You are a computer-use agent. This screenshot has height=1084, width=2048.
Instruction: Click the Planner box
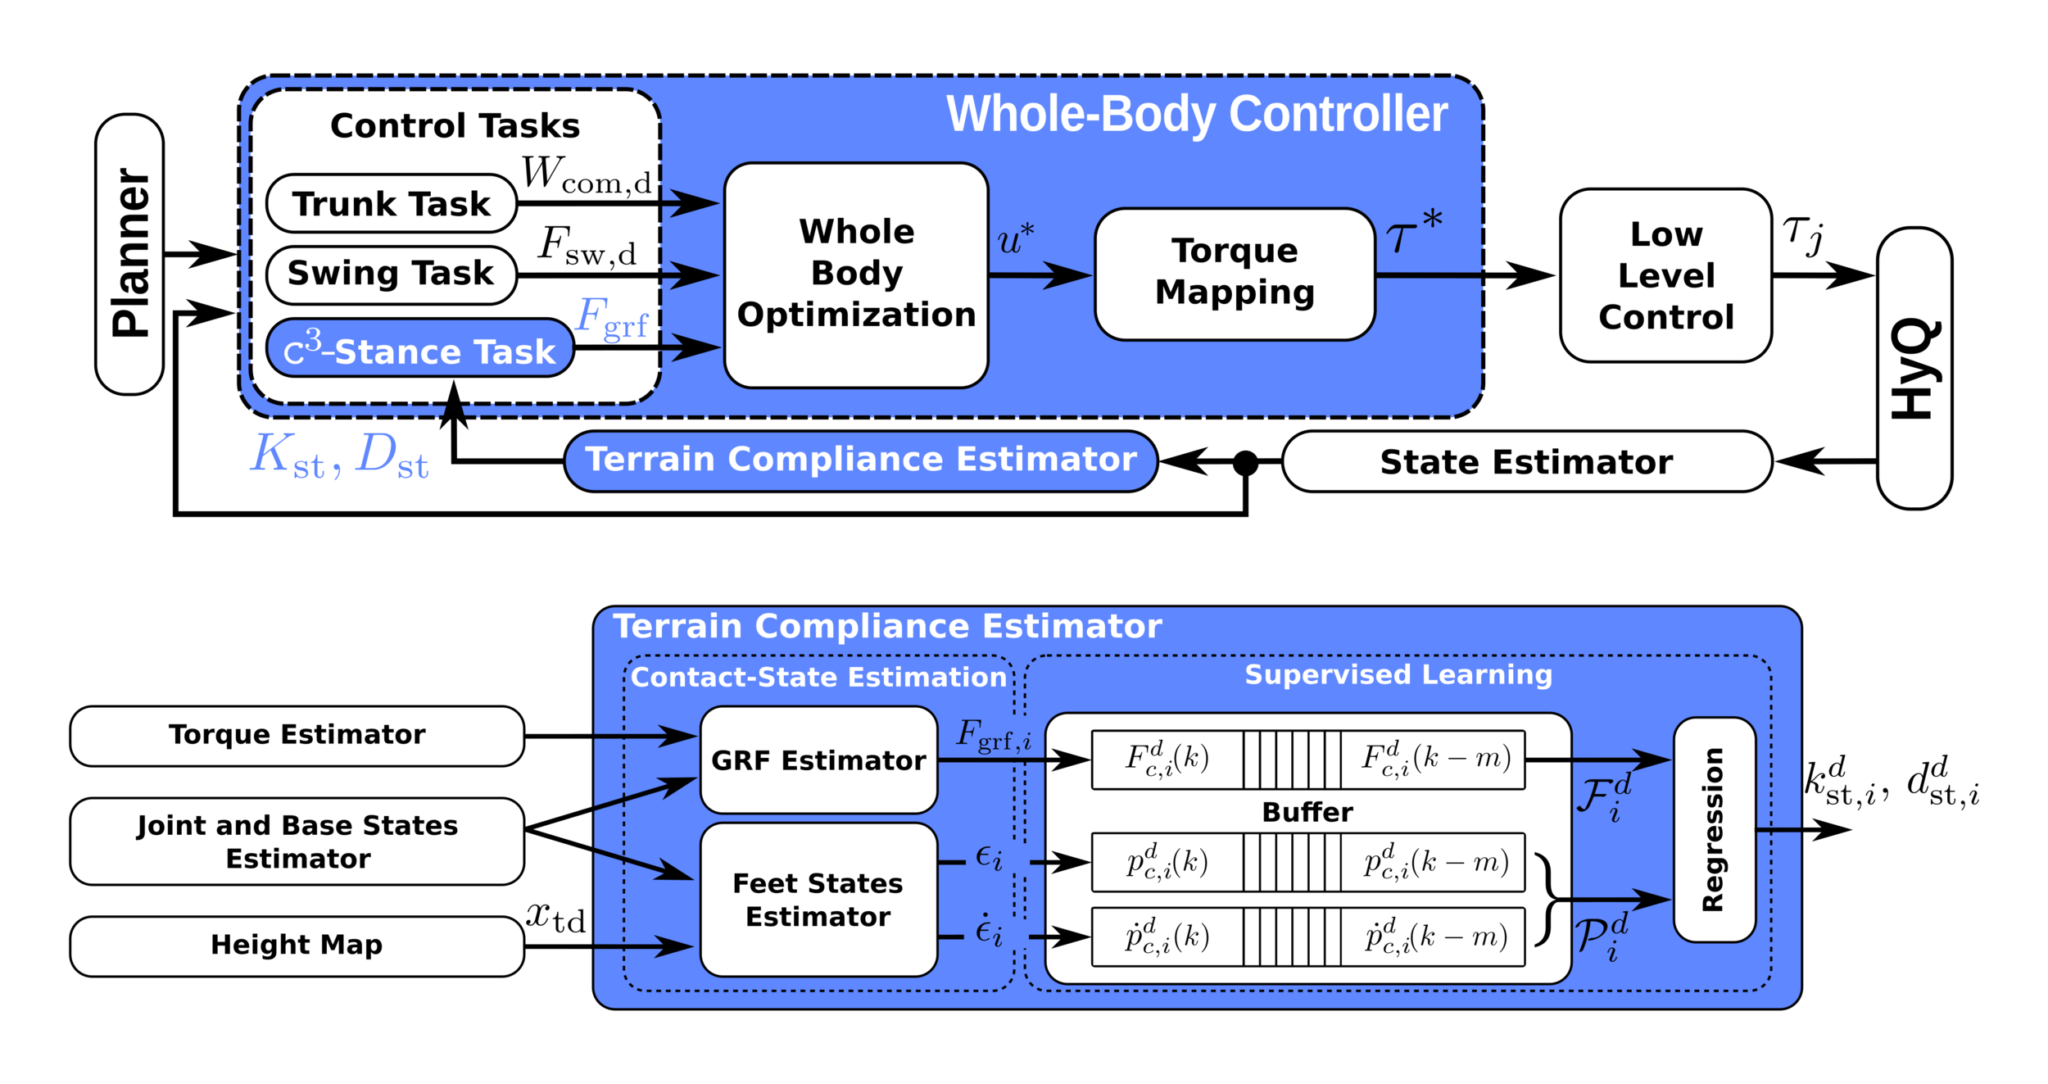(129, 254)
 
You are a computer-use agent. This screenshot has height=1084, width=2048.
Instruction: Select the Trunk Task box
(392, 203)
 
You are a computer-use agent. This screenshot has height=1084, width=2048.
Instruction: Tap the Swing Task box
(392, 274)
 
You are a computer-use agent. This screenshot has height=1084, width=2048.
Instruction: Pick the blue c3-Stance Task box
(419, 349)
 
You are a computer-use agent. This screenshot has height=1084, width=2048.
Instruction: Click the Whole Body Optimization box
(856, 274)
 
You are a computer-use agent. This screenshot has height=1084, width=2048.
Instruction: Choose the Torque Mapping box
(1235, 274)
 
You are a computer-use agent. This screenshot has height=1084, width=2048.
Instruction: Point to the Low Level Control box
(1665, 275)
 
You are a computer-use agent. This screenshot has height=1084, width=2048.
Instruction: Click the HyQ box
(1914, 368)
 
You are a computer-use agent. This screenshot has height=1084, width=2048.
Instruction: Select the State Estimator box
(1526, 462)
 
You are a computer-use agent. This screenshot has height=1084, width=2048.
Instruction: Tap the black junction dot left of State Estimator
(1245, 463)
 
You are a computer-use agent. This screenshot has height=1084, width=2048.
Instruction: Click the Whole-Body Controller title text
(1197, 114)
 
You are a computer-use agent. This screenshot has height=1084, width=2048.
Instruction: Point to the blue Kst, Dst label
(339, 455)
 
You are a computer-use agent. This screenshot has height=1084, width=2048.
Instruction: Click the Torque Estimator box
(297, 735)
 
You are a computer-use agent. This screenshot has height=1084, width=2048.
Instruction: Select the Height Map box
(297, 946)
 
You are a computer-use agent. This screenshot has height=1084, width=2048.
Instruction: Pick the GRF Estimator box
(818, 760)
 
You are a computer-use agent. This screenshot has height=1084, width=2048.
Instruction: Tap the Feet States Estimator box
(818, 900)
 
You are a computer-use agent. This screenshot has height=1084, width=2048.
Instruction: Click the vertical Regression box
(1714, 829)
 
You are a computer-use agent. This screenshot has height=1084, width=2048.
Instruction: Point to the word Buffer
(1307, 812)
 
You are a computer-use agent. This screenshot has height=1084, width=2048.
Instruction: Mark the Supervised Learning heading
(1398, 674)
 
